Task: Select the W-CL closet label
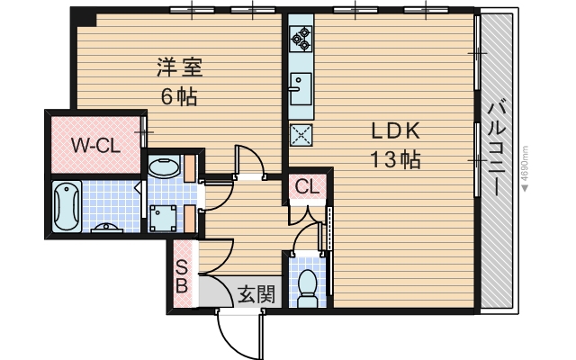coord(92,143)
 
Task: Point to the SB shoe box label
coord(182,276)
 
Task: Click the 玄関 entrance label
coord(256,292)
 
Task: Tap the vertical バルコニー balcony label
coord(495,148)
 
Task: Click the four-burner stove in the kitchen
coord(300,39)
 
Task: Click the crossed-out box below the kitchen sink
coord(300,135)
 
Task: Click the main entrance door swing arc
coord(236,333)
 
